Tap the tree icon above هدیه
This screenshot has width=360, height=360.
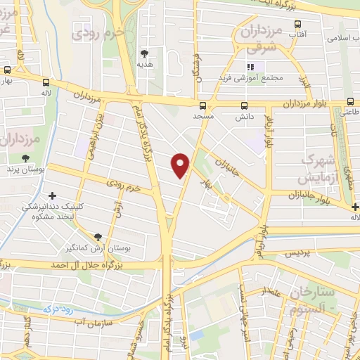point(145,53)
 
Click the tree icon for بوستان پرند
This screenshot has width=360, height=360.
point(26,158)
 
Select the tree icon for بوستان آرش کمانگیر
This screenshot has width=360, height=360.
point(98,236)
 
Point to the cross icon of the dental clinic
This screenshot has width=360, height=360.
point(52,195)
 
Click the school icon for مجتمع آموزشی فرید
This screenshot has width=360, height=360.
point(252,67)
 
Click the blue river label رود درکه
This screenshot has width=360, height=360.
point(58,307)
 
